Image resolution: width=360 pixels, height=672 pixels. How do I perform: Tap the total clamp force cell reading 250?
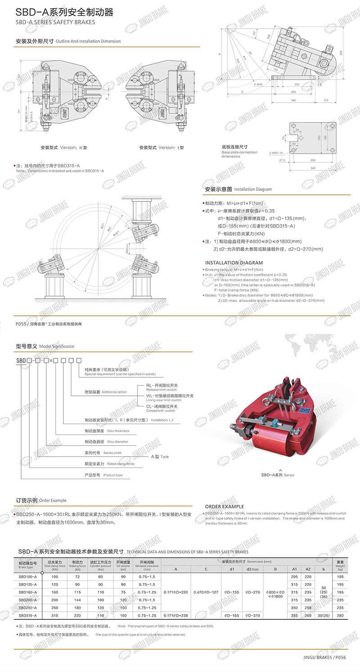55,607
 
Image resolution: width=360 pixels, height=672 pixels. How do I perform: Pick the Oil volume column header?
123,564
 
